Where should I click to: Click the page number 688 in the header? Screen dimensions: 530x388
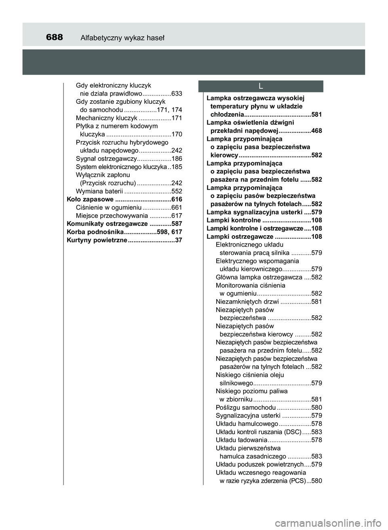[x=55, y=38]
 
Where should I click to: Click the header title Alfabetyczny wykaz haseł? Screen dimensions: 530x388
[x=122, y=38]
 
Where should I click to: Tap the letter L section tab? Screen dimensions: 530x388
[x=261, y=86]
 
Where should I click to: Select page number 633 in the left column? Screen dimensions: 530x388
[x=177, y=94]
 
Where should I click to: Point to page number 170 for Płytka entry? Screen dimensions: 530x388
[x=177, y=134]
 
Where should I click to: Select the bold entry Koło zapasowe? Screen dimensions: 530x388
[x=90, y=199]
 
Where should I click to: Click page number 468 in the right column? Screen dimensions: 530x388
[x=317, y=131]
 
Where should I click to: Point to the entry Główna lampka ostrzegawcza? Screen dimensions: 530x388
[x=259, y=277]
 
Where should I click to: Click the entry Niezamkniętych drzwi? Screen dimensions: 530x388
[x=247, y=302]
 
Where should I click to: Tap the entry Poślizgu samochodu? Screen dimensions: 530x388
[x=246, y=407]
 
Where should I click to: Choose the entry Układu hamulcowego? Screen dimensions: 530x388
[x=247, y=424]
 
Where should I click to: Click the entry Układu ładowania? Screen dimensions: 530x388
[x=241, y=440]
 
